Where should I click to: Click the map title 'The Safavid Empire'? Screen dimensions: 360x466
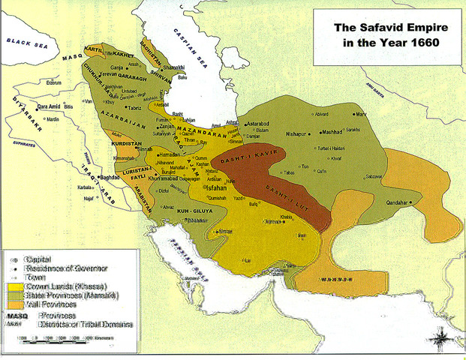click(386, 28)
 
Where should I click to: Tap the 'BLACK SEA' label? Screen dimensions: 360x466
click(24, 44)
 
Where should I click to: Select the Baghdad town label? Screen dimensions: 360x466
click(110, 178)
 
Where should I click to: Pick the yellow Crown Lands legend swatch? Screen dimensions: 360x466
click(16, 286)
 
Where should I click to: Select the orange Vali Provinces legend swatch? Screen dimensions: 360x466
click(16, 304)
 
